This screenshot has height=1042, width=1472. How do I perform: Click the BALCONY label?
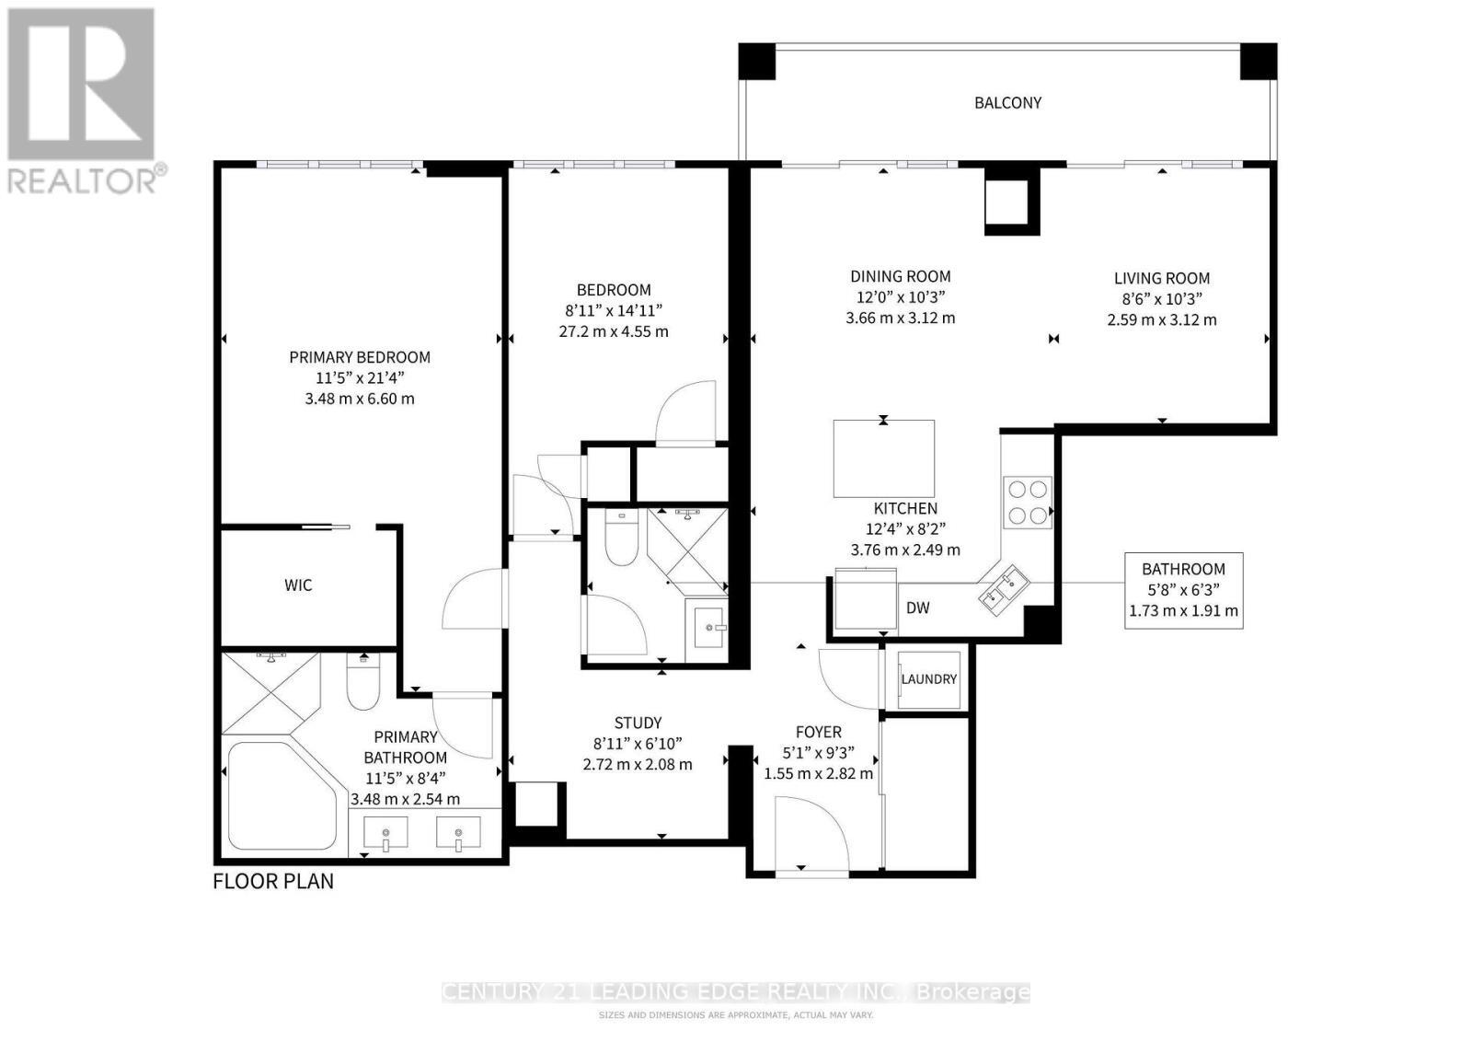coord(1007,103)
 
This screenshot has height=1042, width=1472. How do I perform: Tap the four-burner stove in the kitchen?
coord(1027,502)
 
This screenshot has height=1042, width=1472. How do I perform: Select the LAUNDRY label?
coord(928,679)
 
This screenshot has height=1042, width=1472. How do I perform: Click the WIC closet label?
coord(298,585)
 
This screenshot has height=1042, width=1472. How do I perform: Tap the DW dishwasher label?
coord(917,608)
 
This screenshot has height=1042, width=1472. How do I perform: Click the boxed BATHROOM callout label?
coord(1183,590)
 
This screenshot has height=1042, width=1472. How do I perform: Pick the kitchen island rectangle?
coord(883,458)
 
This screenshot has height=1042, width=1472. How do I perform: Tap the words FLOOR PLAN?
coord(273,882)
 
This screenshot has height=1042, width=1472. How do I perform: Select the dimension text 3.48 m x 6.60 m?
coord(359,399)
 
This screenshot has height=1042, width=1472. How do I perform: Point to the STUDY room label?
coord(638,724)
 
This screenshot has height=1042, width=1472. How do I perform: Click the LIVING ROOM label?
coord(1161,279)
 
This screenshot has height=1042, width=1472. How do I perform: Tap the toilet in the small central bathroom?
coord(622,538)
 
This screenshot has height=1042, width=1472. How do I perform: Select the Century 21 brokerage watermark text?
coord(736,992)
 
